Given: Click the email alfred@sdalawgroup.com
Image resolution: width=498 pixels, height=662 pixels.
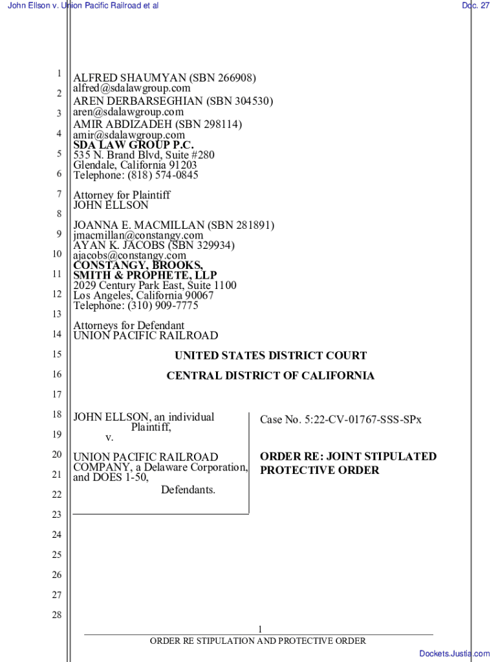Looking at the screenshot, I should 132,88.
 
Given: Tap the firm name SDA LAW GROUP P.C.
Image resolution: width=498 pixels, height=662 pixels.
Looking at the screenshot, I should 133,145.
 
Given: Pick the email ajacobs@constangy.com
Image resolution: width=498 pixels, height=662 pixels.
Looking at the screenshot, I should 129,255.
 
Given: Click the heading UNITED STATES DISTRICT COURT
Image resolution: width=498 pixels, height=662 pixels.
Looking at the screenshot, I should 270,356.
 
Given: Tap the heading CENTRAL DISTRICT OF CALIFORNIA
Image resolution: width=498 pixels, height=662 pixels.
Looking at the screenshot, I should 270,376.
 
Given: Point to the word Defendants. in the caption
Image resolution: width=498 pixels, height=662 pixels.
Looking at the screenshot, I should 188,490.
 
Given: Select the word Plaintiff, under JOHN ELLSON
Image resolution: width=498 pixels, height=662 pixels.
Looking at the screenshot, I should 151,427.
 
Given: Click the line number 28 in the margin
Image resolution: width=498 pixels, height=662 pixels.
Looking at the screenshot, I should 57,615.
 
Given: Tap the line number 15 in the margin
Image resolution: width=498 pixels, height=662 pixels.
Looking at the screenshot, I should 57,354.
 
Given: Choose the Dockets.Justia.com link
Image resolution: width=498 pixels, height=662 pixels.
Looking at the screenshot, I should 454,654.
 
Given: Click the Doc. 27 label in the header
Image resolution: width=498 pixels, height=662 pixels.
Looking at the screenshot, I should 475,6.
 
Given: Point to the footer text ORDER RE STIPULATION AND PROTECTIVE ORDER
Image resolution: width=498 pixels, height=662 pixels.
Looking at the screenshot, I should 258,641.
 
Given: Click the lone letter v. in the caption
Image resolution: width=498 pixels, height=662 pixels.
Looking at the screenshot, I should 109,438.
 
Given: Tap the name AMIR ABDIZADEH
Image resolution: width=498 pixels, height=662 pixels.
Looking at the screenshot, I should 124,125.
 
